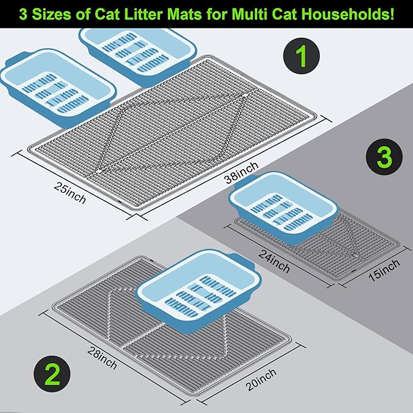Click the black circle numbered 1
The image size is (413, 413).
301,56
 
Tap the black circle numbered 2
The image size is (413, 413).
52,374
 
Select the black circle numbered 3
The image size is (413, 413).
384,157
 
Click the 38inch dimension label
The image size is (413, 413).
241,172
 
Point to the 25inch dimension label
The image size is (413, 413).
70,193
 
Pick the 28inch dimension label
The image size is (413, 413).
102,358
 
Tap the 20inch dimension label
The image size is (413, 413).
261,380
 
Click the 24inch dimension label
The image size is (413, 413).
274,261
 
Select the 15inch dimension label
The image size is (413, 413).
384,270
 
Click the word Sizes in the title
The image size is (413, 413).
52,14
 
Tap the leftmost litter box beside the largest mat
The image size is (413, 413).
58,88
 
